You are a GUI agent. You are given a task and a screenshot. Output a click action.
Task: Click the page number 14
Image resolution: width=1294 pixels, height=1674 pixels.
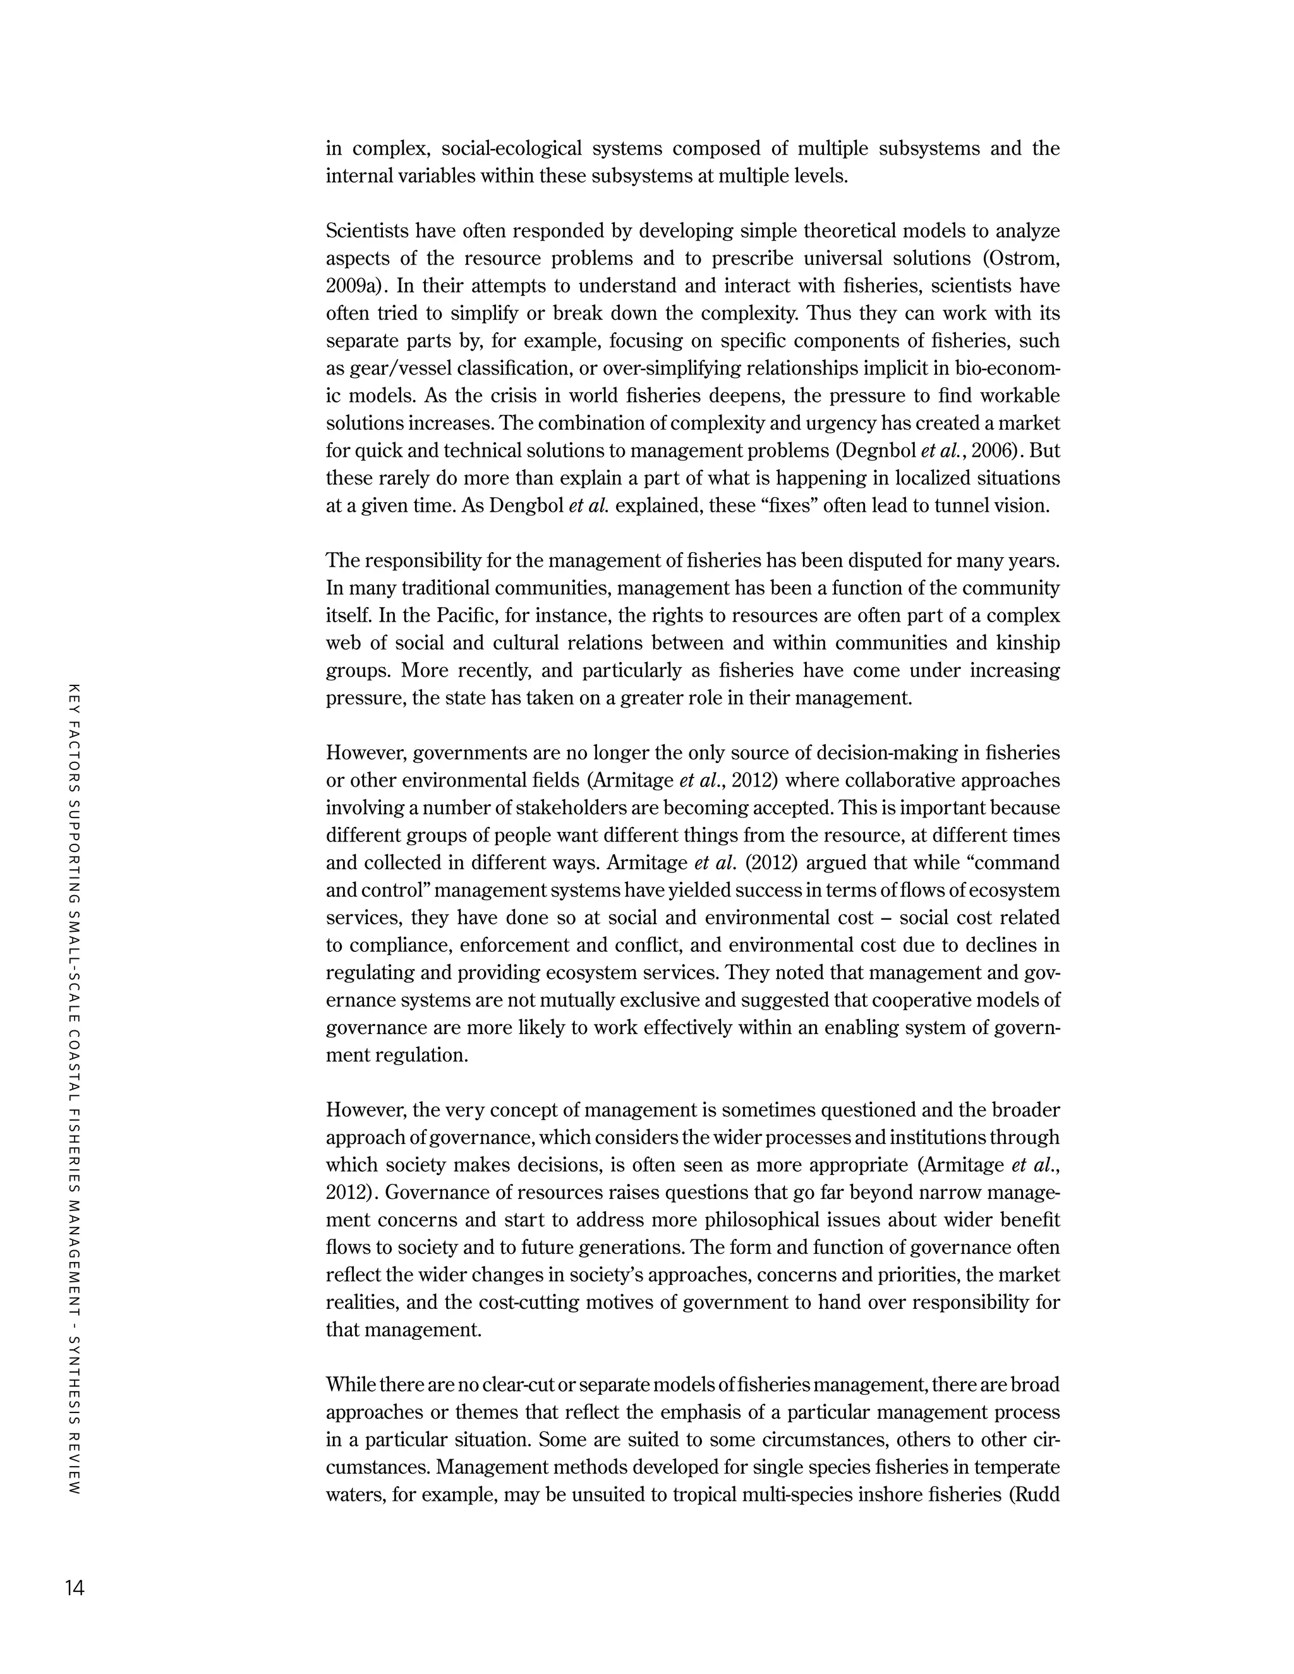(75, 1588)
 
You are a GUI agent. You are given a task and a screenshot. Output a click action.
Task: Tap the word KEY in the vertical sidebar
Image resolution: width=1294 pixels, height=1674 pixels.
(75, 696)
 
